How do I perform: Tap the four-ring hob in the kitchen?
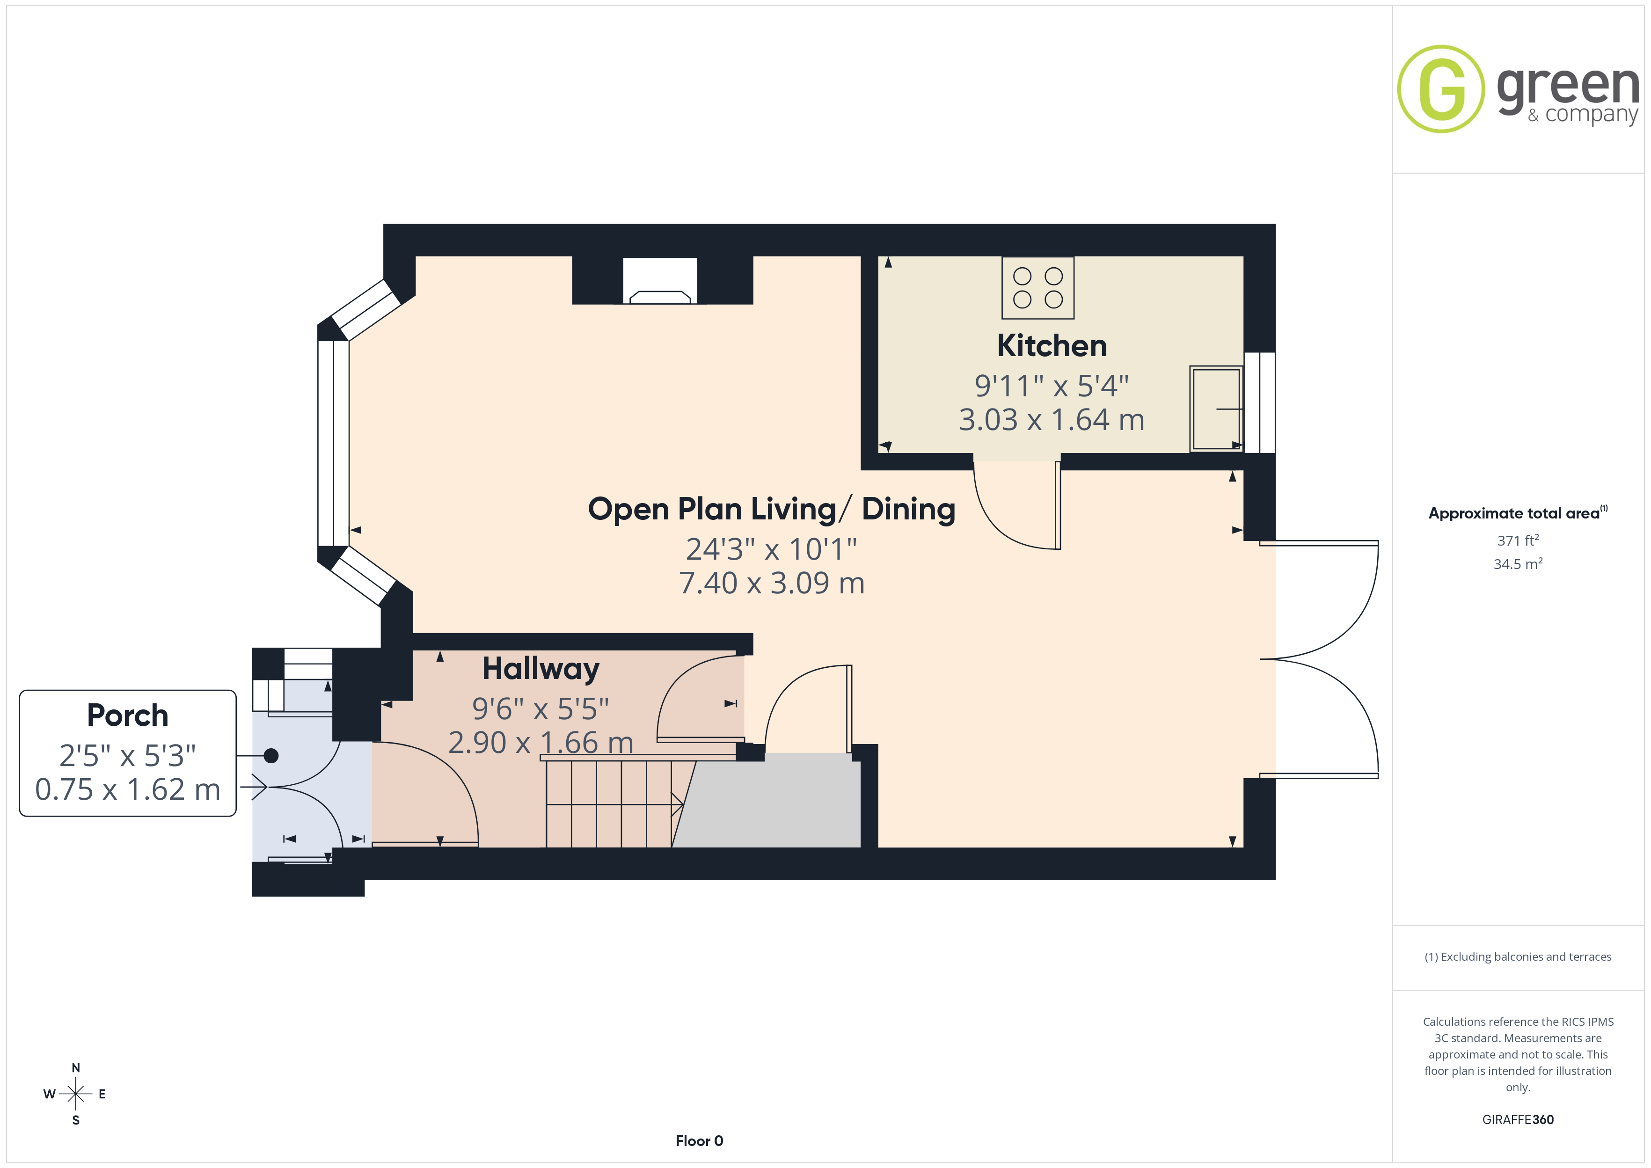click(1037, 288)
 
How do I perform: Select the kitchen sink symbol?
click(1216, 409)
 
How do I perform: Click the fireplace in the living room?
click(660, 280)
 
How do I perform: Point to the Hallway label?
click(541, 669)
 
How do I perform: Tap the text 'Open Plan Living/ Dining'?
click(772, 509)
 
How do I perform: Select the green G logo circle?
click(1440, 89)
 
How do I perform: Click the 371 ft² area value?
click(1518, 540)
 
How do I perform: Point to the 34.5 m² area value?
click(1518, 564)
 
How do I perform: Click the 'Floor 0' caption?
click(699, 1141)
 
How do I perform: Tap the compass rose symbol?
click(75, 1094)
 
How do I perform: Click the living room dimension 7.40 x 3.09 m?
click(772, 583)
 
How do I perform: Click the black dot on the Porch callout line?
click(271, 756)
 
